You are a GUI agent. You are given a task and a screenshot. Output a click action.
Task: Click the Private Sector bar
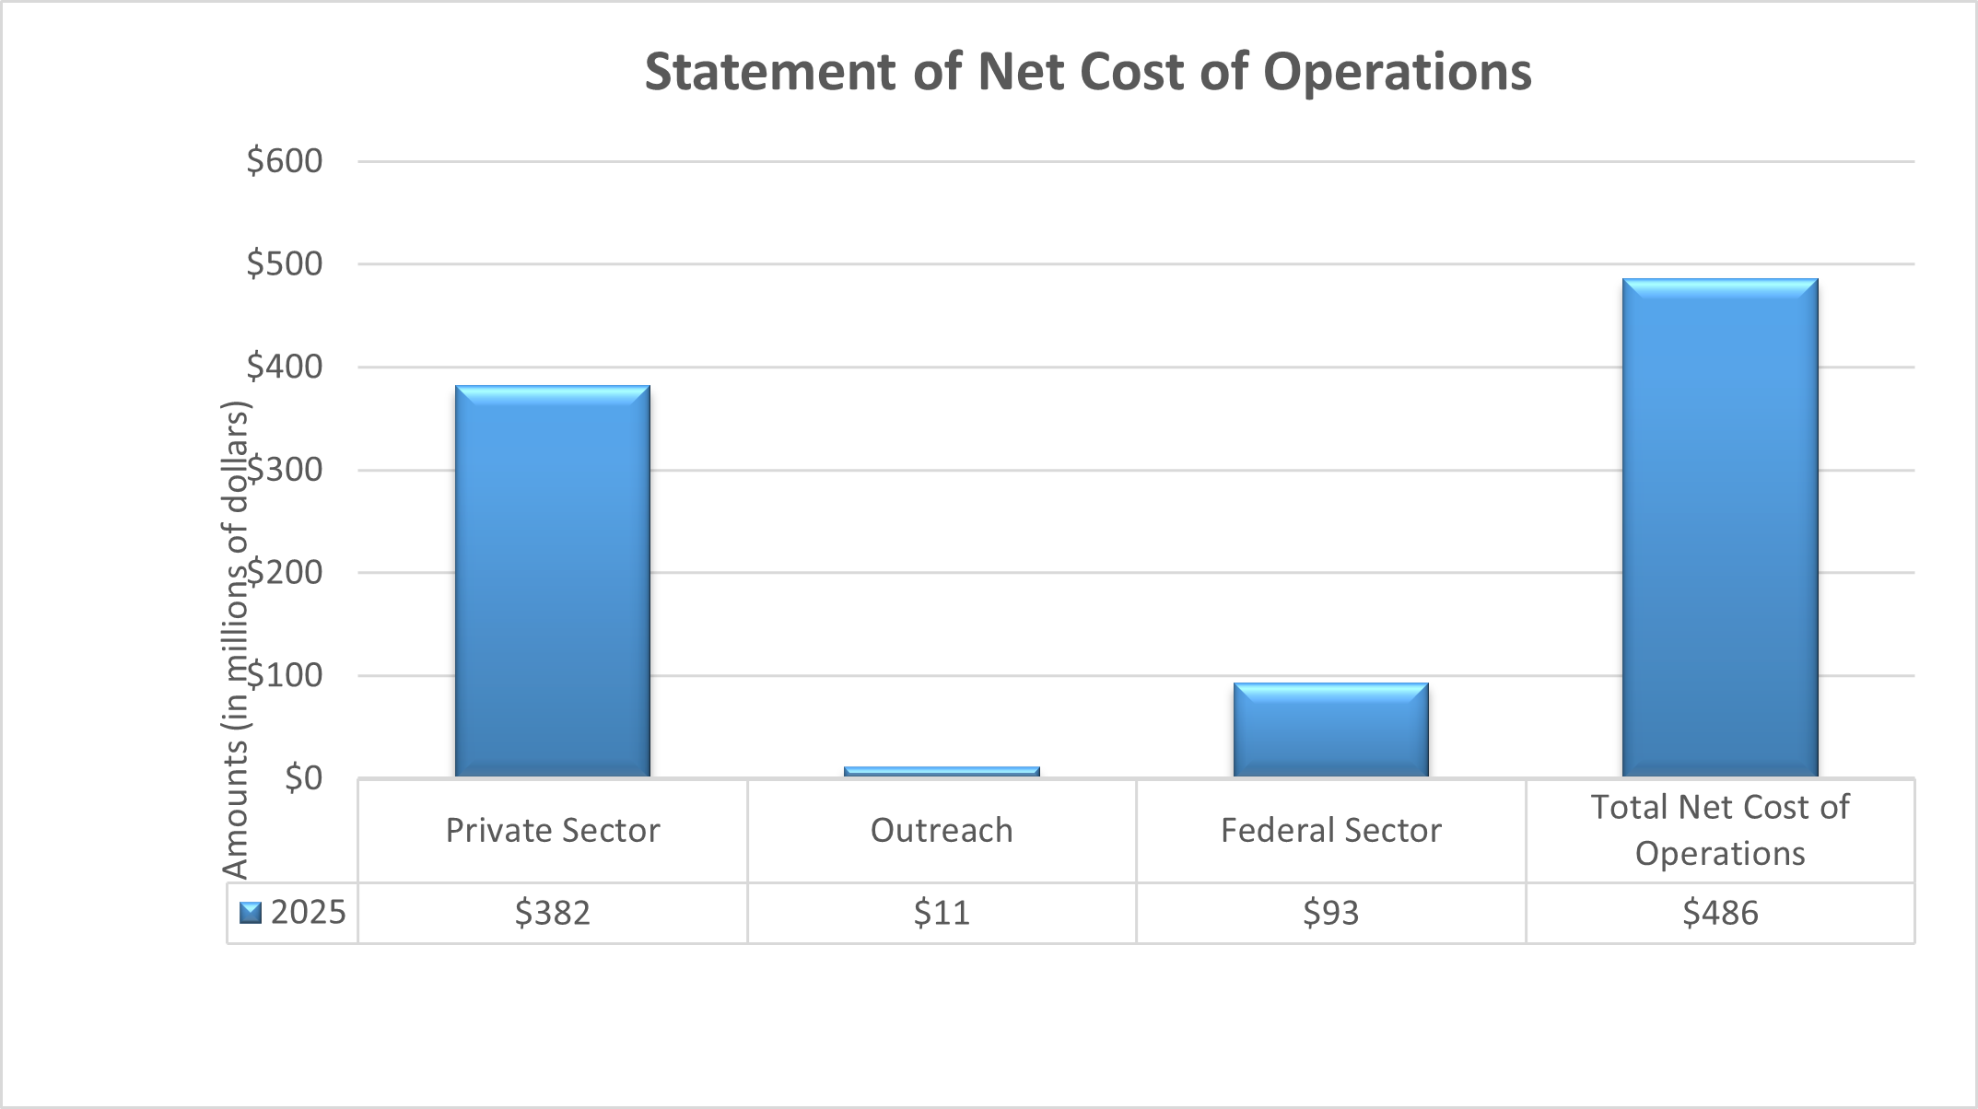pos(553,580)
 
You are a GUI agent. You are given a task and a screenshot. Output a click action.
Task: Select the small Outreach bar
pos(942,771)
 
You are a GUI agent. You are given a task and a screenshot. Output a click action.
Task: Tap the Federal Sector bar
pos(1331,730)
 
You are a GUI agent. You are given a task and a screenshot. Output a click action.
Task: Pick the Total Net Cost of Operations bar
pos(1720,527)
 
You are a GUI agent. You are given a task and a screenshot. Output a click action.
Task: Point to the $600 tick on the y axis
pos(285,161)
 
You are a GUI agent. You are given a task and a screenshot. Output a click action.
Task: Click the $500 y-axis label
pos(285,264)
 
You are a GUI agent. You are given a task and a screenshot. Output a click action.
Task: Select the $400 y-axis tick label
pos(285,368)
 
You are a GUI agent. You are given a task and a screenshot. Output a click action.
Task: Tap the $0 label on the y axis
pos(303,778)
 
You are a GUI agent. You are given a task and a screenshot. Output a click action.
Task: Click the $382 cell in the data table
pos(553,913)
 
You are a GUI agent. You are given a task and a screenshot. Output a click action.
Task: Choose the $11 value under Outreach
pos(942,913)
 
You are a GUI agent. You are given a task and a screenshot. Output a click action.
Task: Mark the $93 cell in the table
pos(1331,913)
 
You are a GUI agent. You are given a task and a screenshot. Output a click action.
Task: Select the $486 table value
pos(1720,913)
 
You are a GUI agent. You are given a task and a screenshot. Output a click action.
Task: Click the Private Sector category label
pos(553,831)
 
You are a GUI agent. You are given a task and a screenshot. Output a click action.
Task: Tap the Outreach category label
pos(942,831)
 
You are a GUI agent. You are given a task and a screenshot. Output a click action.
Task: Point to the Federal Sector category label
pos(1331,831)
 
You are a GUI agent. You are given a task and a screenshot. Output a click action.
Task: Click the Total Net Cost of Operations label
pos(1720,830)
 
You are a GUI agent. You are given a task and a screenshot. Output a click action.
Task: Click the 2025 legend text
pos(308,913)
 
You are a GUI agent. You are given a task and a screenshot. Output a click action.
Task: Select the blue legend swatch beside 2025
pos(251,913)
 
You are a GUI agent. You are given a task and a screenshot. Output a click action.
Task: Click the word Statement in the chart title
pos(770,72)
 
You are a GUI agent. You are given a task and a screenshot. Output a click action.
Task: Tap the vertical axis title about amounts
pos(236,639)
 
